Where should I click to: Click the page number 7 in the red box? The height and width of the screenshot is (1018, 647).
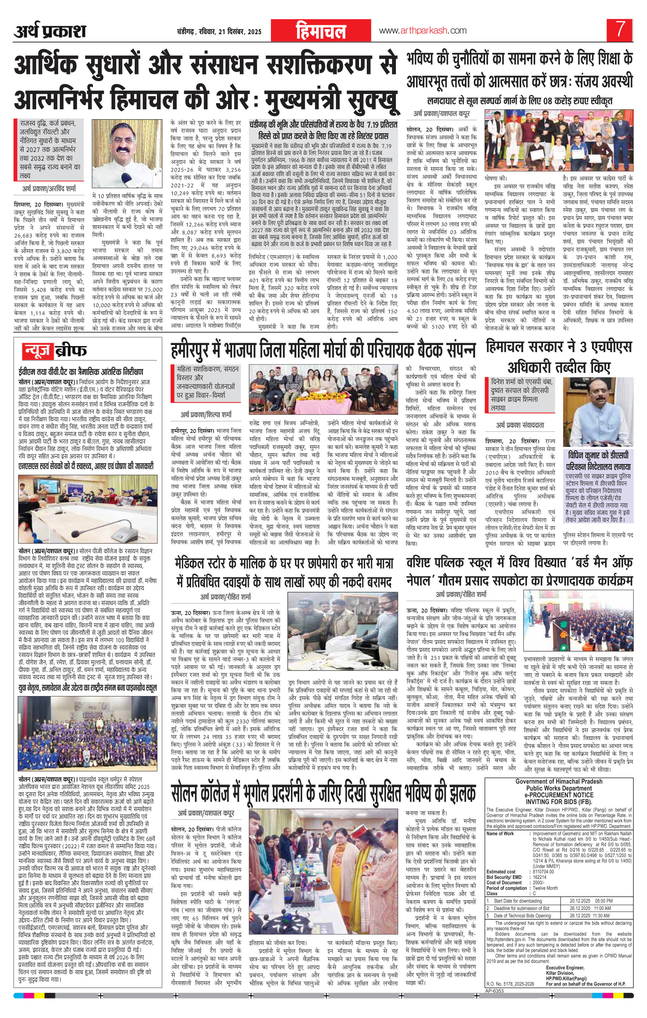click(x=620, y=30)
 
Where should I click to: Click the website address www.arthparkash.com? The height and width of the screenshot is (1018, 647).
click(x=423, y=30)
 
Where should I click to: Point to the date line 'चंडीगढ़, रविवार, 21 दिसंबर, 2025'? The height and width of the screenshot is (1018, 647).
click(x=220, y=32)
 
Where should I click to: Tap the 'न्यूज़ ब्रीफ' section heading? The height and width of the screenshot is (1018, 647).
click(x=55, y=351)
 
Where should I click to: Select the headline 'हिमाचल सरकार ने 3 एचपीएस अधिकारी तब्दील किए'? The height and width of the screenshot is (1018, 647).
click(x=559, y=357)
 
